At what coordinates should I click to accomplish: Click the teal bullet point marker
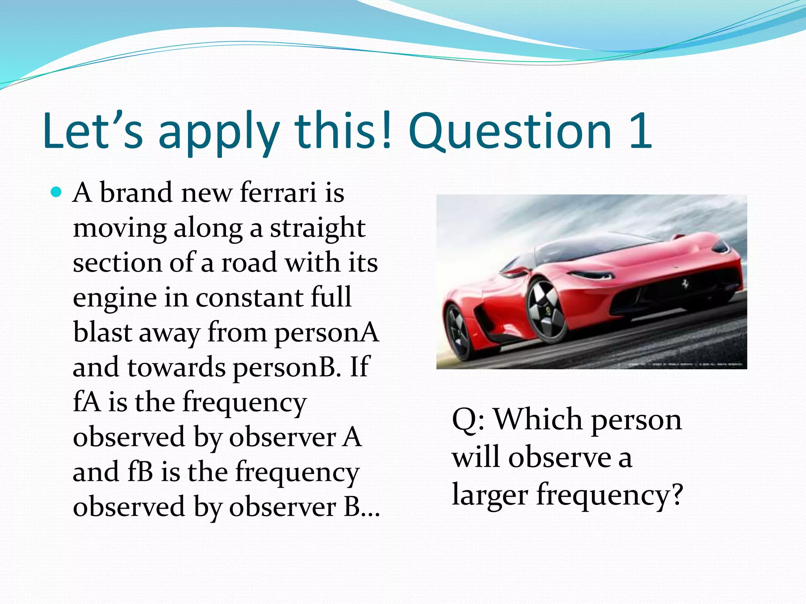pyautogui.click(x=57, y=193)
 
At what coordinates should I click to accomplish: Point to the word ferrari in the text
pyautogui.click(x=278, y=193)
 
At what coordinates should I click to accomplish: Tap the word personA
pyautogui.click(x=326, y=333)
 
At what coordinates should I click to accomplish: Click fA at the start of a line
pyautogui.click(x=86, y=402)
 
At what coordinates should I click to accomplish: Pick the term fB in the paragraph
pyautogui.click(x=140, y=472)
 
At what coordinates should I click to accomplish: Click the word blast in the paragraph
pyautogui.click(x=102, y=333)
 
